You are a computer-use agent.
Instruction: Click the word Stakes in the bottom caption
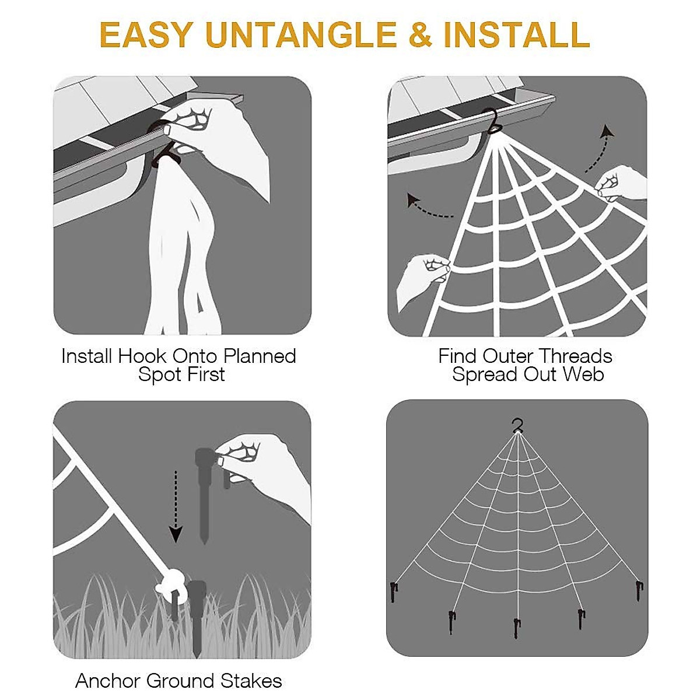[251, 681]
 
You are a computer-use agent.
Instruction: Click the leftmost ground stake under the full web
[394, 593]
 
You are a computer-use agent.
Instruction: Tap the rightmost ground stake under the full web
[640, 591]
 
